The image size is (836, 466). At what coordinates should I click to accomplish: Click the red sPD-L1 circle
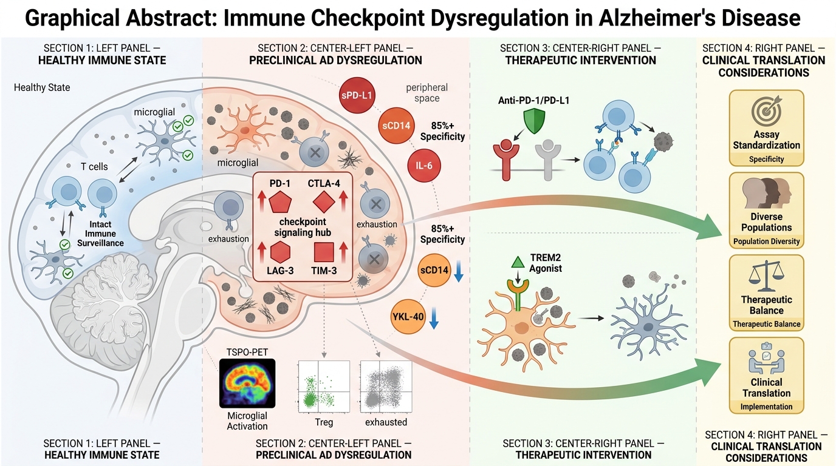click(357, 95)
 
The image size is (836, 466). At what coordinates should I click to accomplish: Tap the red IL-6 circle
click(424, 166)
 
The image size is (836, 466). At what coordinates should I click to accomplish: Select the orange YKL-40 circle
click(408, 317)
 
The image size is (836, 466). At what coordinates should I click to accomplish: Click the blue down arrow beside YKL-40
click(434, 317)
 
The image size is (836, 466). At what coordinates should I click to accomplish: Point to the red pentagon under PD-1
click(280, 203)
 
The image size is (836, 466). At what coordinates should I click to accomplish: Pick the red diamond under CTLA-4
click(324, 202)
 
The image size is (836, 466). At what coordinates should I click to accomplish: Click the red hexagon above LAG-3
click(280, 252)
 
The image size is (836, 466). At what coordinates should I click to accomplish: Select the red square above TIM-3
click(324, 252)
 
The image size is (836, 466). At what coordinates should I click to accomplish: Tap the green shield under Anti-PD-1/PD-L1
click(534, 121)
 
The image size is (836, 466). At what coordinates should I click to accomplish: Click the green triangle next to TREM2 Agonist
click(518, 262)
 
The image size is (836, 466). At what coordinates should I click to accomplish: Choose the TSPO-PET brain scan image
click(247, 383)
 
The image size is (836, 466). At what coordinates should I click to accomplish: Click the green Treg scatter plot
click(324, 387)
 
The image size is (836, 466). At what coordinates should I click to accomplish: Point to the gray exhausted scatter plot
click(386, 387)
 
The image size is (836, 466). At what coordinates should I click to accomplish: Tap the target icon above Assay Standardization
click(766, 110)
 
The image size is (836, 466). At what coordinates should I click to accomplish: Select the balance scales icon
click(766, 276)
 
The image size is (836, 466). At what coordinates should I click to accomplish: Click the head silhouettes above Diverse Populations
click(767, 193)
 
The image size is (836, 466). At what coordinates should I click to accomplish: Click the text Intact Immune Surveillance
click(100, 234)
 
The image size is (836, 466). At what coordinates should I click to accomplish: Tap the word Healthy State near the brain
click(42, 87)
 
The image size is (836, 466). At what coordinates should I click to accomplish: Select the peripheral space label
click(427, 93)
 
